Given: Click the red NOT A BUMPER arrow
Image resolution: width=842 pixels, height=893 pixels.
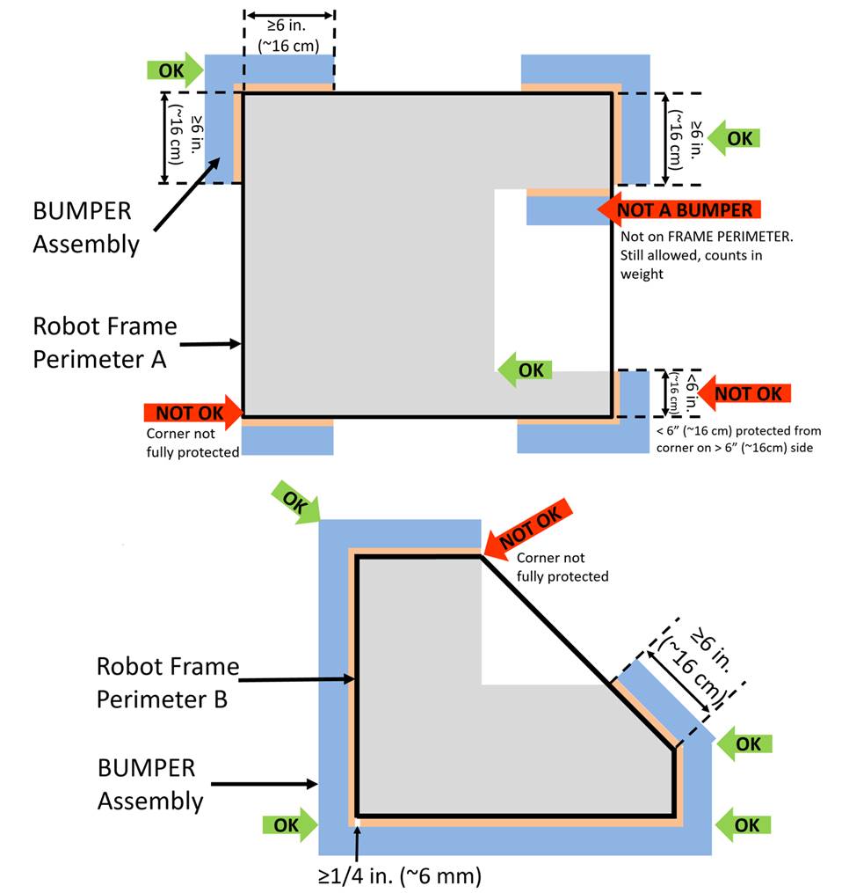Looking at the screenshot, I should (x=678, y=209).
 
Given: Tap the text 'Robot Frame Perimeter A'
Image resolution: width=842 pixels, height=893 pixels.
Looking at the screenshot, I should (x=105, y=341).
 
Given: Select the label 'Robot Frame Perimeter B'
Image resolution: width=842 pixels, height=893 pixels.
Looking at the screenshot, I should (x=167, y=682).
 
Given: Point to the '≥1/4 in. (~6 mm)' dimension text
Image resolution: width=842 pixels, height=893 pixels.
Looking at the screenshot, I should (x=400, y=875).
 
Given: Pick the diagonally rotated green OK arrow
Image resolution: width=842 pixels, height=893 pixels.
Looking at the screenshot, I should (x=295, y=504).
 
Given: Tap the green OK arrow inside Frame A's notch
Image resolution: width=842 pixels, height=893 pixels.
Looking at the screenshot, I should (x=525, y=370).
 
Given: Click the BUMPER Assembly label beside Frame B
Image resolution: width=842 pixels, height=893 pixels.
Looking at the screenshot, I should (x=149, y=783).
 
